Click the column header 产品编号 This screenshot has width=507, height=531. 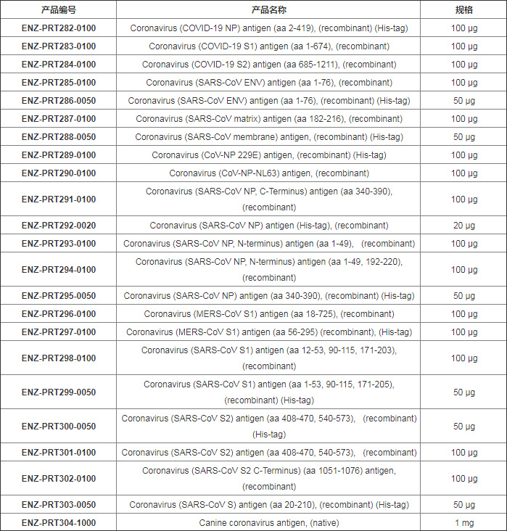coord(58,10)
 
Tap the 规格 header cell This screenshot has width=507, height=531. coord(464,10)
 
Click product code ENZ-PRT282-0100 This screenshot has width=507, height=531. coord(58,28)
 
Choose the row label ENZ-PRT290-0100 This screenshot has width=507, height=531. coord(58,173)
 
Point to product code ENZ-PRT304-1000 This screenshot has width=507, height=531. coord(58,522)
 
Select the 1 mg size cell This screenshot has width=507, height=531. coord(464,522)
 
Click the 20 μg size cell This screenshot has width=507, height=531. coord(464,226)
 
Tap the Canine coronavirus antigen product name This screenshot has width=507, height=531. coord(269,522)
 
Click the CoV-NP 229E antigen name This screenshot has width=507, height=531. coord(269,155)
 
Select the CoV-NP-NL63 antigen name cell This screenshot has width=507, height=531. coord(269,173)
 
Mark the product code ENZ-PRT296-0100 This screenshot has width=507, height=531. coord(58,314)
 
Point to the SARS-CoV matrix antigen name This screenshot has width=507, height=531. coord(269,119)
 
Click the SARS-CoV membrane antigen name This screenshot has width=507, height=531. coord(269,137)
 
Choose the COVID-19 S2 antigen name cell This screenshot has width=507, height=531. coord(269,65)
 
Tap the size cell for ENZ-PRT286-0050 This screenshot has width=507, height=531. coord(464,101)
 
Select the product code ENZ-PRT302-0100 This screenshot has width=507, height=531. coord(58,479)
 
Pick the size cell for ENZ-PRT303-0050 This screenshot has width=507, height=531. coord(464,505)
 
